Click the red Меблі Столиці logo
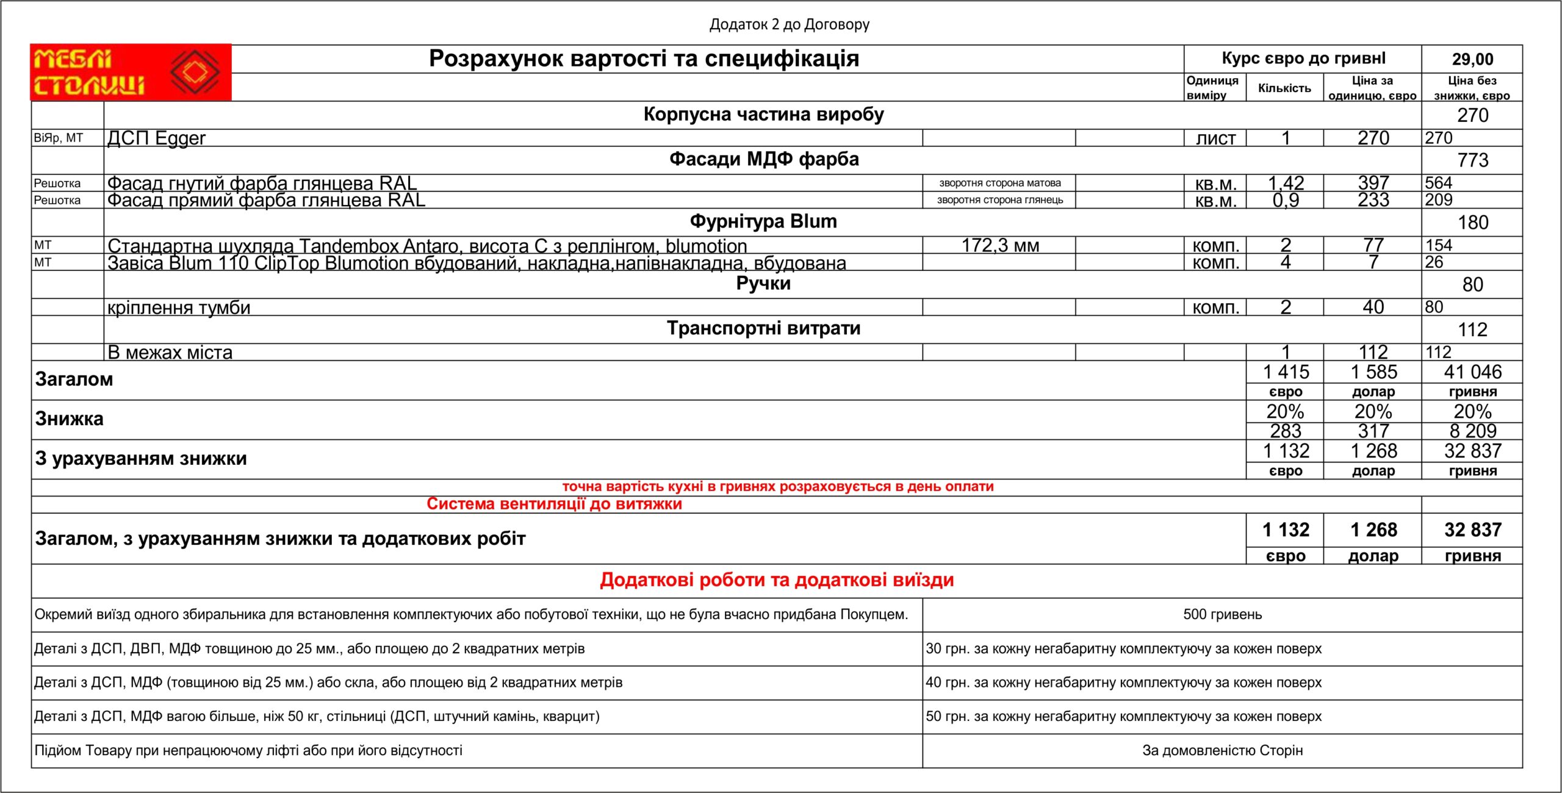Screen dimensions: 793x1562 [x=131, y=72]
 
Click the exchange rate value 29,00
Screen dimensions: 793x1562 [x=1472, y=59]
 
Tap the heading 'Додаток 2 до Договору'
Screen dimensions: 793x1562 [x=789, y=24]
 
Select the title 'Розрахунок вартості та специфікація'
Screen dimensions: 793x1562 [x=644, y=59]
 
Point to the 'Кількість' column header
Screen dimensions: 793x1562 [x=1284, y=88]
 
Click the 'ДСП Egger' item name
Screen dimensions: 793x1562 [x=157, y=138]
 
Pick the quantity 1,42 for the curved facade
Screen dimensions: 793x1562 [x=1286, y=183]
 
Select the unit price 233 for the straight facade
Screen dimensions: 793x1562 [x=1373, y=200]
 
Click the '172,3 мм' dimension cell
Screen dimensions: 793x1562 [x=1000, y=245]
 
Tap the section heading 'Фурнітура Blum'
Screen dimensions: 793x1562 [x=763, y=221]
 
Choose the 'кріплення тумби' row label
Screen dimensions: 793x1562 [x=179, y=307]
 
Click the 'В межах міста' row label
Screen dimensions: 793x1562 [x=170, y=353]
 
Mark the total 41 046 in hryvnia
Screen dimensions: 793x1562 [x=1472, y=371]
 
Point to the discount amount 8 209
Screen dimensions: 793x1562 [x=1472, y=431]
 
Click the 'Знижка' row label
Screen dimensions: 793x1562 [x=70, y=419]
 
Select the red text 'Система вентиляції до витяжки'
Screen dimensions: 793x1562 [x=554, y=504]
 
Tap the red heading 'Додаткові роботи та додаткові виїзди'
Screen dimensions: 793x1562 [x=777, y=579]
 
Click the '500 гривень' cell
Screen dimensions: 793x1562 [x=1222, y=614]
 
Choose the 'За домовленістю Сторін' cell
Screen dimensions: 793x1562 [x=1222, y=750]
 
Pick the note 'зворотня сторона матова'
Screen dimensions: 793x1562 [x=999, y=183]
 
